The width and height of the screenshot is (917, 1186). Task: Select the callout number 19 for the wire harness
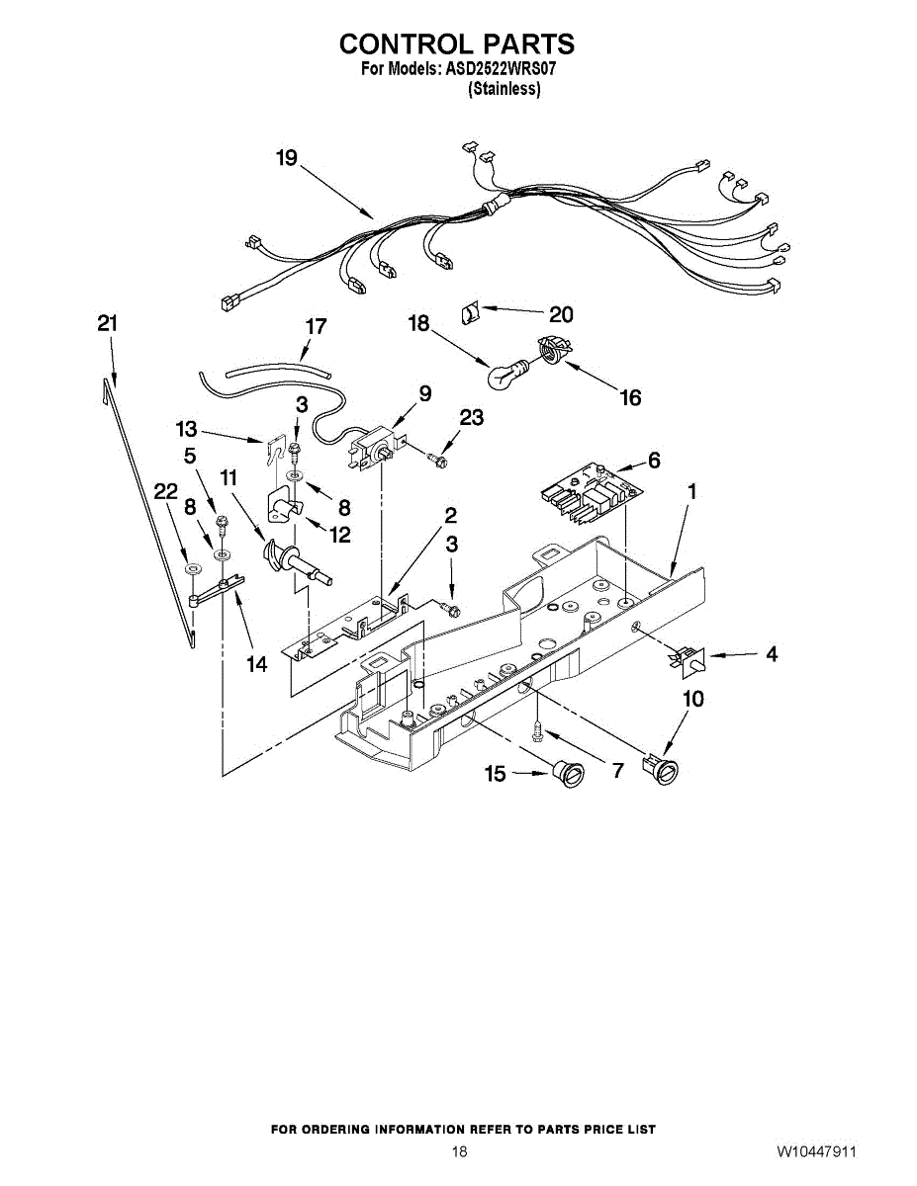click(287, 158)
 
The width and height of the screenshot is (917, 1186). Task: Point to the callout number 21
click(108, 323)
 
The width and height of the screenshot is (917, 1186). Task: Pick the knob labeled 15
click(568, 774)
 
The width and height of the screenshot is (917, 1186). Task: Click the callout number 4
click(771, 654)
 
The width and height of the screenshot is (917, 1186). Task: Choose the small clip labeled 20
click(472, 314)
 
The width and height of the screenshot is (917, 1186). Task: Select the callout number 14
click(257, 664)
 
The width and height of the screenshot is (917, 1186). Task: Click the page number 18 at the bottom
click(458, 1151)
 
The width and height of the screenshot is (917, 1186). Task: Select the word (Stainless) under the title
click(504, 89)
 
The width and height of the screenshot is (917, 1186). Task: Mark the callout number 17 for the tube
click(316, 326)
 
